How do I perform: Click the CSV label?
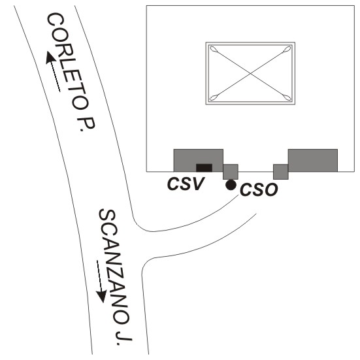[x=186, y=184]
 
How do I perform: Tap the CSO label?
[x=259, y=189]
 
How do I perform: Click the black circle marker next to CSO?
[x=231, y=185]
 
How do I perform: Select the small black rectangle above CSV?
[x=204, y=168]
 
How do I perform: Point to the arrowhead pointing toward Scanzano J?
[x=101, y=297]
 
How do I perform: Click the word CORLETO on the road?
[x=67, y=61]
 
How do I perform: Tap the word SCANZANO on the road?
[x=114, y=266]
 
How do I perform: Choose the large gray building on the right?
[x=313, y=160]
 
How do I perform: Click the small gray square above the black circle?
[x=231, y=172]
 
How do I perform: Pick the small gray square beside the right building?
[x=280, y=172]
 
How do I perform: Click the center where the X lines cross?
[x=250, y=73]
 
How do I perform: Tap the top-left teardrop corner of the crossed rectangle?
[x=214, y=49]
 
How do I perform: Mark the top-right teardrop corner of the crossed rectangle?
[x=287, y=49]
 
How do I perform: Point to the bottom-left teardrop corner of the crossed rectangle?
[x=214, y=98]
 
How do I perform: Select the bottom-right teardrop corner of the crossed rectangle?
[x=287, y=97]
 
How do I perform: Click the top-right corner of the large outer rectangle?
[x=354, y=6]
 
